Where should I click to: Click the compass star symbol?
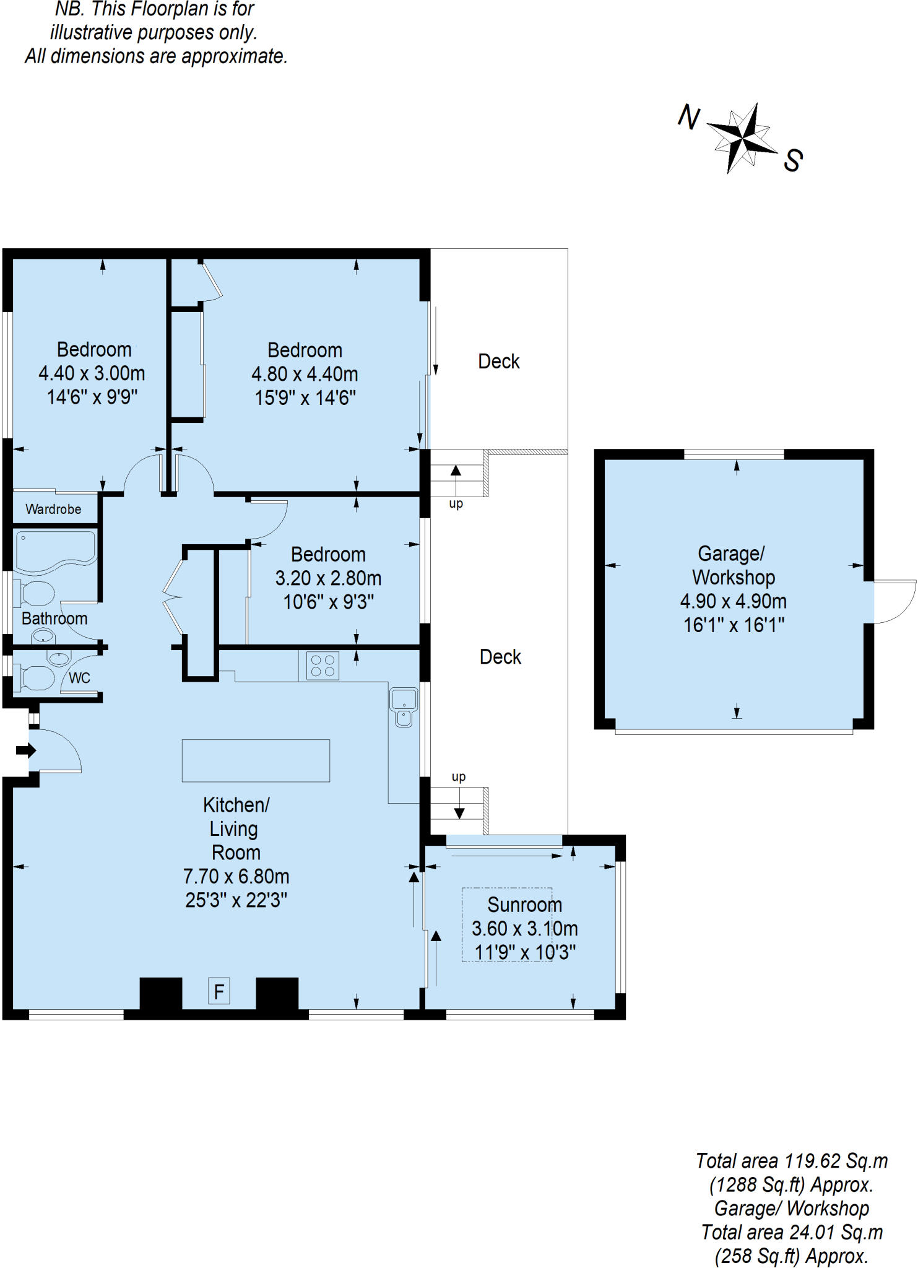click(x=742, y=137)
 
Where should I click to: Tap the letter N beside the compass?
click(x=689, y=116)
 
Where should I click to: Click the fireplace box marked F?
click(x=219, y=991)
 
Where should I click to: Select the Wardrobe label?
click(x=53, y=509)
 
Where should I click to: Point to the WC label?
click(x=79, y=678)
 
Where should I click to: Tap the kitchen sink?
click(x=404, y=706)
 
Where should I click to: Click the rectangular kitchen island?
click(x=256, y=760)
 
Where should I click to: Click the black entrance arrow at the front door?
click(x=26, y=750)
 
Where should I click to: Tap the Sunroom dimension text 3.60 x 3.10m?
click(x=524, y=928)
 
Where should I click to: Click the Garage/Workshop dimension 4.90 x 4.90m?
click(x=734, y=601)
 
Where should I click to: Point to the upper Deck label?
click(x=499, y=361)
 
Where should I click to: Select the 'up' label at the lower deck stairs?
click(x=458, y=777)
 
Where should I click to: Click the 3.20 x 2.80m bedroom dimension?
click(x=328, y=578)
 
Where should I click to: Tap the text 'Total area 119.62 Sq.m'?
click(x=792, y=1160)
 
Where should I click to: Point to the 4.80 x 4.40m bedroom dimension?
click(x=305, y=373)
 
